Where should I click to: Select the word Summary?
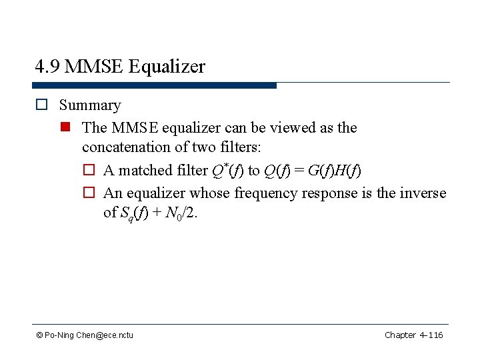(x=90, y=105)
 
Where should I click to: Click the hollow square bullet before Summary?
(x=41, y=105)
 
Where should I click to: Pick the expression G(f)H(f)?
(x=335, y=171)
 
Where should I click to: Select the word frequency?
(x=267, y=193)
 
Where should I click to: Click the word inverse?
(x=421, y=193)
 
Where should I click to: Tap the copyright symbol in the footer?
(x=40, y=335)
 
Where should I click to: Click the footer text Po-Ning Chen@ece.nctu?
(x=89, y=335)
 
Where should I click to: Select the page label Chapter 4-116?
(x=413, y=335)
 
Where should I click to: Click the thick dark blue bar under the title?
(x=154, y=85)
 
